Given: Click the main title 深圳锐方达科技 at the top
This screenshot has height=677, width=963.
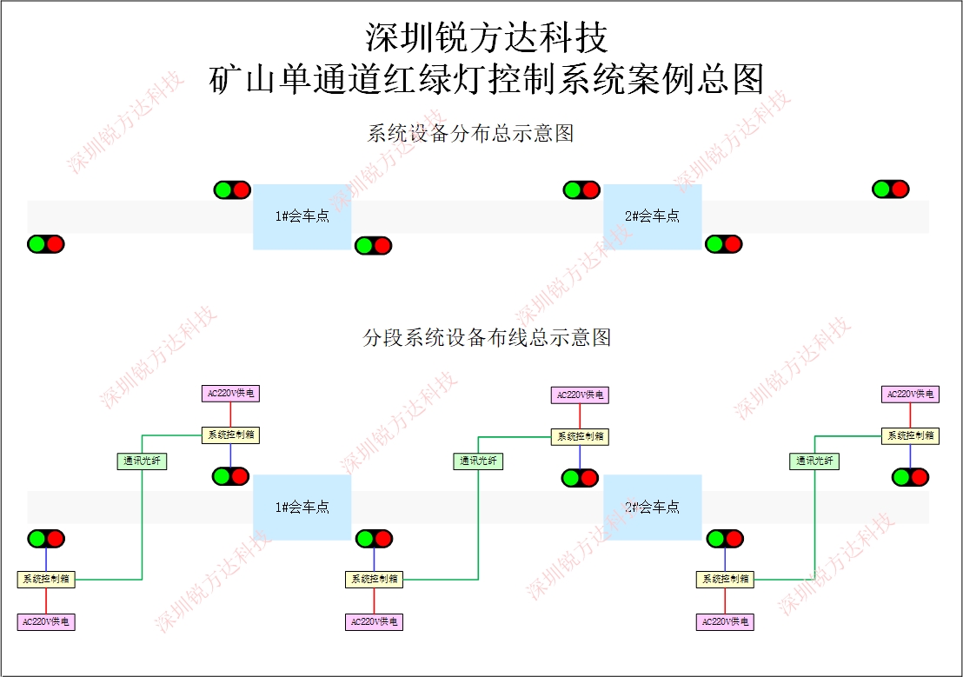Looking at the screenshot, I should click(x=486, y=37).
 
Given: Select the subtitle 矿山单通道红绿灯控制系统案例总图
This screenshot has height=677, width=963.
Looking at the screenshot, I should click(x=486, y=79).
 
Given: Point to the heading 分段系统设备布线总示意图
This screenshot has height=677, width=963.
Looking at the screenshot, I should click(x=486, y=337).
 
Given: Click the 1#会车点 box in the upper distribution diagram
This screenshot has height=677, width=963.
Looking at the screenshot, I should click(x=302, y=216).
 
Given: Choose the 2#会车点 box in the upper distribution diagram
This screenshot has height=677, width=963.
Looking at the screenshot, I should click(x=653, y=216).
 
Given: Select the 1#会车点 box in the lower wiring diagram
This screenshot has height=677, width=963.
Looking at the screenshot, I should click(x=302, y=507).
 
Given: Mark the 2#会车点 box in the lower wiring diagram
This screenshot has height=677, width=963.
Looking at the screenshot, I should click(x=653, y=507).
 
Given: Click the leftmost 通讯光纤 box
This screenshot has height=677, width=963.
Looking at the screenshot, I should click(x=142, y=461).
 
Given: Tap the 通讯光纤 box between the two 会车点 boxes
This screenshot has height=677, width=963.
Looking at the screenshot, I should click(x=478, y=461).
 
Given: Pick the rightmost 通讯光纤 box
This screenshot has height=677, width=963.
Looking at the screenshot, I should click(x=814, y=461).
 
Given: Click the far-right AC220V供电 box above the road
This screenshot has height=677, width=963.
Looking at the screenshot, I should click(x=910, y=394).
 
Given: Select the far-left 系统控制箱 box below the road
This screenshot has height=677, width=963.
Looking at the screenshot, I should click(x=46, y=579).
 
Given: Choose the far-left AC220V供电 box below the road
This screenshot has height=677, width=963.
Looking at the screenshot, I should click(x=46, y=622).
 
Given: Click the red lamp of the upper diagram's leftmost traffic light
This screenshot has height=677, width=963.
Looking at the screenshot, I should click(x=56, y=244).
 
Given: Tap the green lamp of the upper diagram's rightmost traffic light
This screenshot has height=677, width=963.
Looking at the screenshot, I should click(x=881, y=189).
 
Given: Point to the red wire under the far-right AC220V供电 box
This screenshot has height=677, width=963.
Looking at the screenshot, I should click(x=910, y=415).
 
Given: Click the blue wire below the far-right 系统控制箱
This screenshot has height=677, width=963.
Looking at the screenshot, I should click(x=910, y=456).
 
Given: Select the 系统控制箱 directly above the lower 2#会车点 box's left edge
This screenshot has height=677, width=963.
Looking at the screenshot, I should click(x=580, y=436).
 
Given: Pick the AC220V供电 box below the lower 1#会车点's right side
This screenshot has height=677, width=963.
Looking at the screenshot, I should click(x=374, y=622).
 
